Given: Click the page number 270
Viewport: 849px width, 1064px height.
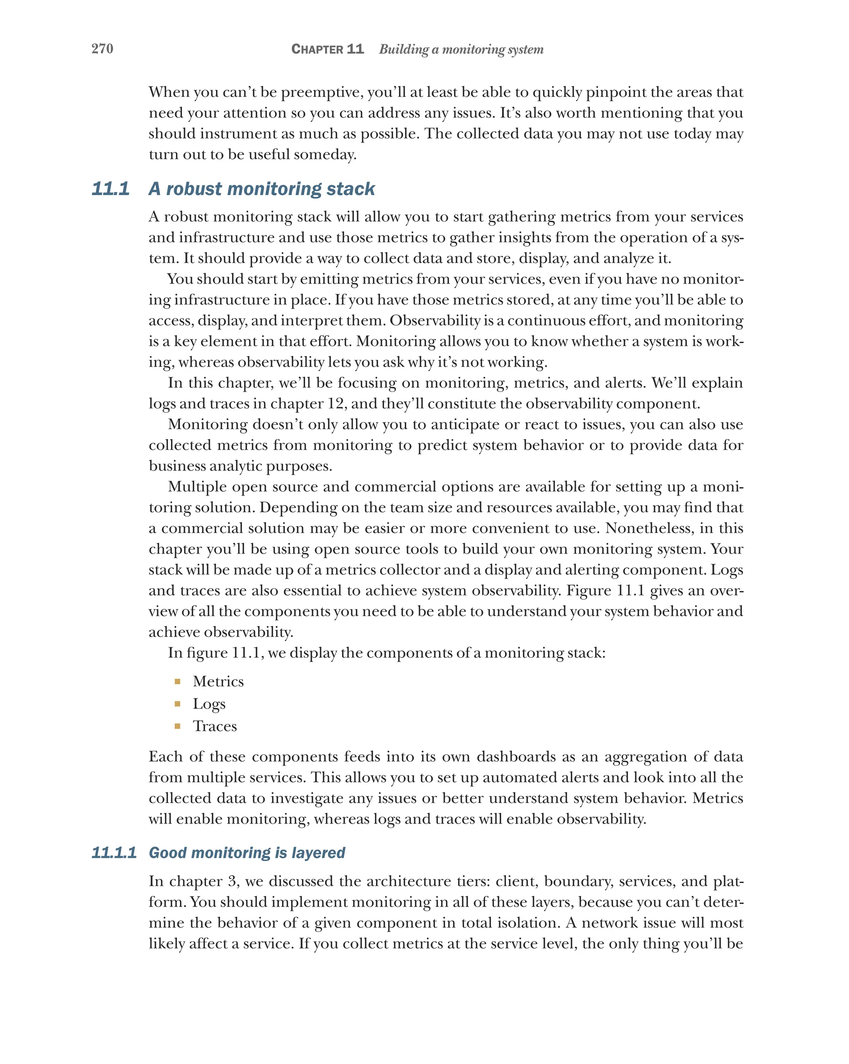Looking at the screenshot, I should tap(102, 48).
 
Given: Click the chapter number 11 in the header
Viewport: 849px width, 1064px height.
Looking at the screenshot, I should tap(355, 49).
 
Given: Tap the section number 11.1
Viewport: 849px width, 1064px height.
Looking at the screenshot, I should tap(111, 188).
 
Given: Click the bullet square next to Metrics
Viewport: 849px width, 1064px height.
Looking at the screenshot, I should tap(177, 682).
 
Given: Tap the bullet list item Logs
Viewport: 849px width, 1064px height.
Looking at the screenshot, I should tap(209, 704).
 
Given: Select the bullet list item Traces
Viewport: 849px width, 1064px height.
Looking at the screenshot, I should tap(215, 726).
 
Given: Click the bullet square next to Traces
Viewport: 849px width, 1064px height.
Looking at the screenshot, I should tap(177, 726).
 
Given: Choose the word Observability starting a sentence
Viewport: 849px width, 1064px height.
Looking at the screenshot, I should tap(434, 321).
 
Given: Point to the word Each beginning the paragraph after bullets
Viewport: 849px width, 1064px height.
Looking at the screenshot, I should tap(166, 757).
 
